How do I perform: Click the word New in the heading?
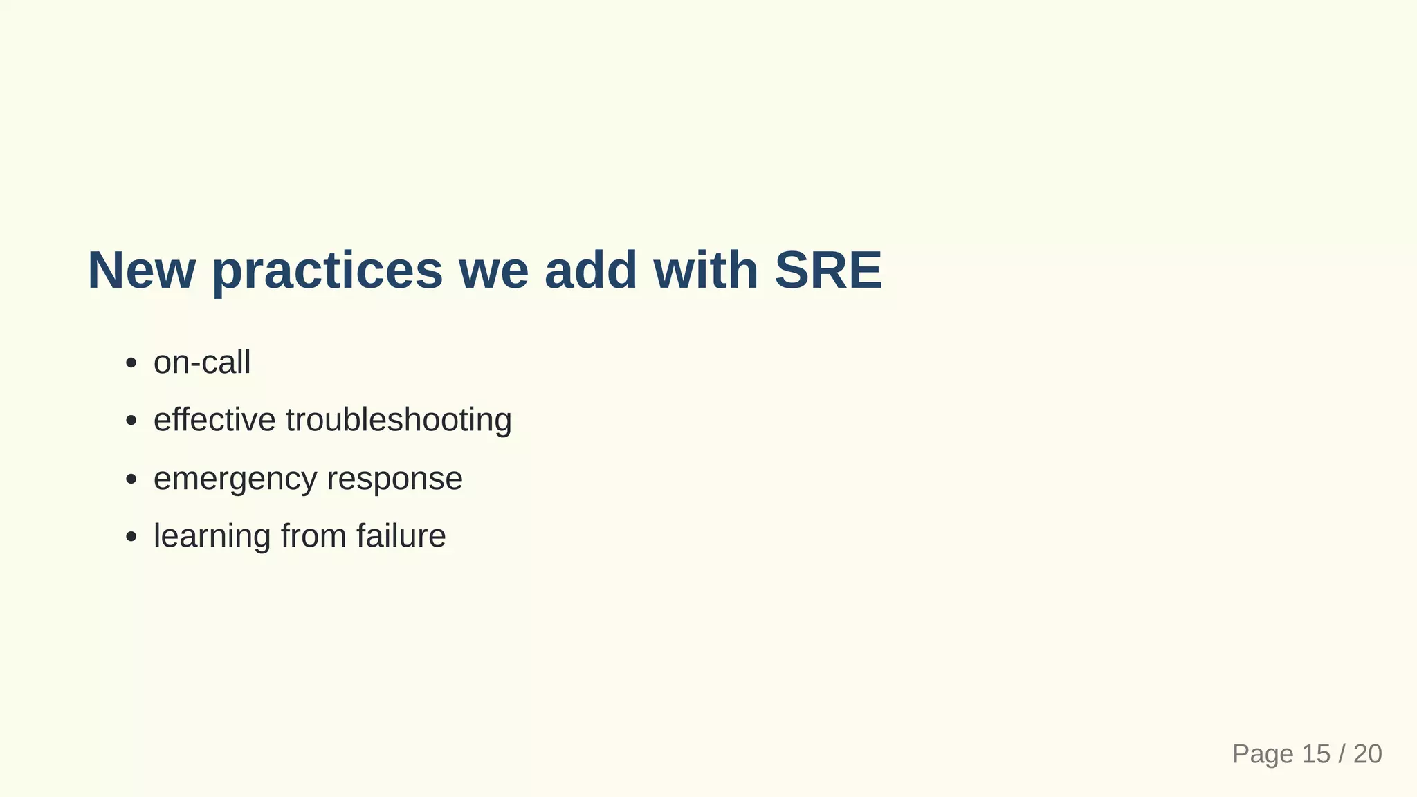[x=141, y=270]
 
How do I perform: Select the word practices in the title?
[x=327, y=271]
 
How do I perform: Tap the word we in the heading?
[x=493, y=271]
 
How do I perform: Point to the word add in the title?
[x=590, y=270]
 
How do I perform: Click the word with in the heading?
[x=705, y=270]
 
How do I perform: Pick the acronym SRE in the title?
[x=828, y=270]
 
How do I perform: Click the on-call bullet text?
[x=202, y=363]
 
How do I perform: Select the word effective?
[x=214, y=420]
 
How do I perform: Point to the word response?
[x=394, y=479]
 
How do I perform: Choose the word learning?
[x=212, y=537]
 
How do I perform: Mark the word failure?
[x=401, y=536]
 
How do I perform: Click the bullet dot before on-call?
[x=131, y=363]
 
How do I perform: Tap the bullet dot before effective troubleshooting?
[x=131, y=421]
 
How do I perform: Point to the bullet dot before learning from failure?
[x=131, y=537]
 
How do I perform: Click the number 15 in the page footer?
[x=1316, y=754]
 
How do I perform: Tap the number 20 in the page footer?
[x=1368, y=754]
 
